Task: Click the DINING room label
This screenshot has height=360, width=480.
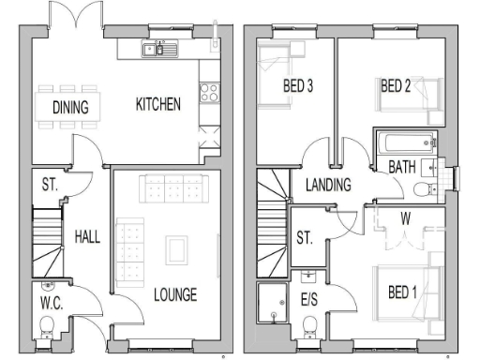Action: [70, 107]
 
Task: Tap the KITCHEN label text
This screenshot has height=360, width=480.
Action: [157, 104]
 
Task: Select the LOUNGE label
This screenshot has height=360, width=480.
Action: [175, 295]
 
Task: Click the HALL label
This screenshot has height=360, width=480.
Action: [87, 237]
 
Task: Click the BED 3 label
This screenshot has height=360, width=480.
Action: [297, 86]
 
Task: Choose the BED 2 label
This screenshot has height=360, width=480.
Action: [397, 86]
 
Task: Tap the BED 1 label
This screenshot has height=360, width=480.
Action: [404, 292]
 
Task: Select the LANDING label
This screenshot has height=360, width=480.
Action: [328, 185]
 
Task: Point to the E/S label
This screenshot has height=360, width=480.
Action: [309, 300]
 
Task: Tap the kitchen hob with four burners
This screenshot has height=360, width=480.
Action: [208, 93]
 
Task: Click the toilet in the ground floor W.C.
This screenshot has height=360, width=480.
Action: [47, 326]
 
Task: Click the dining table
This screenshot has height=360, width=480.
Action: [70, 106]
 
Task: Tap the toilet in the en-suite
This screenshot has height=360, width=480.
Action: [310, 326]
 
